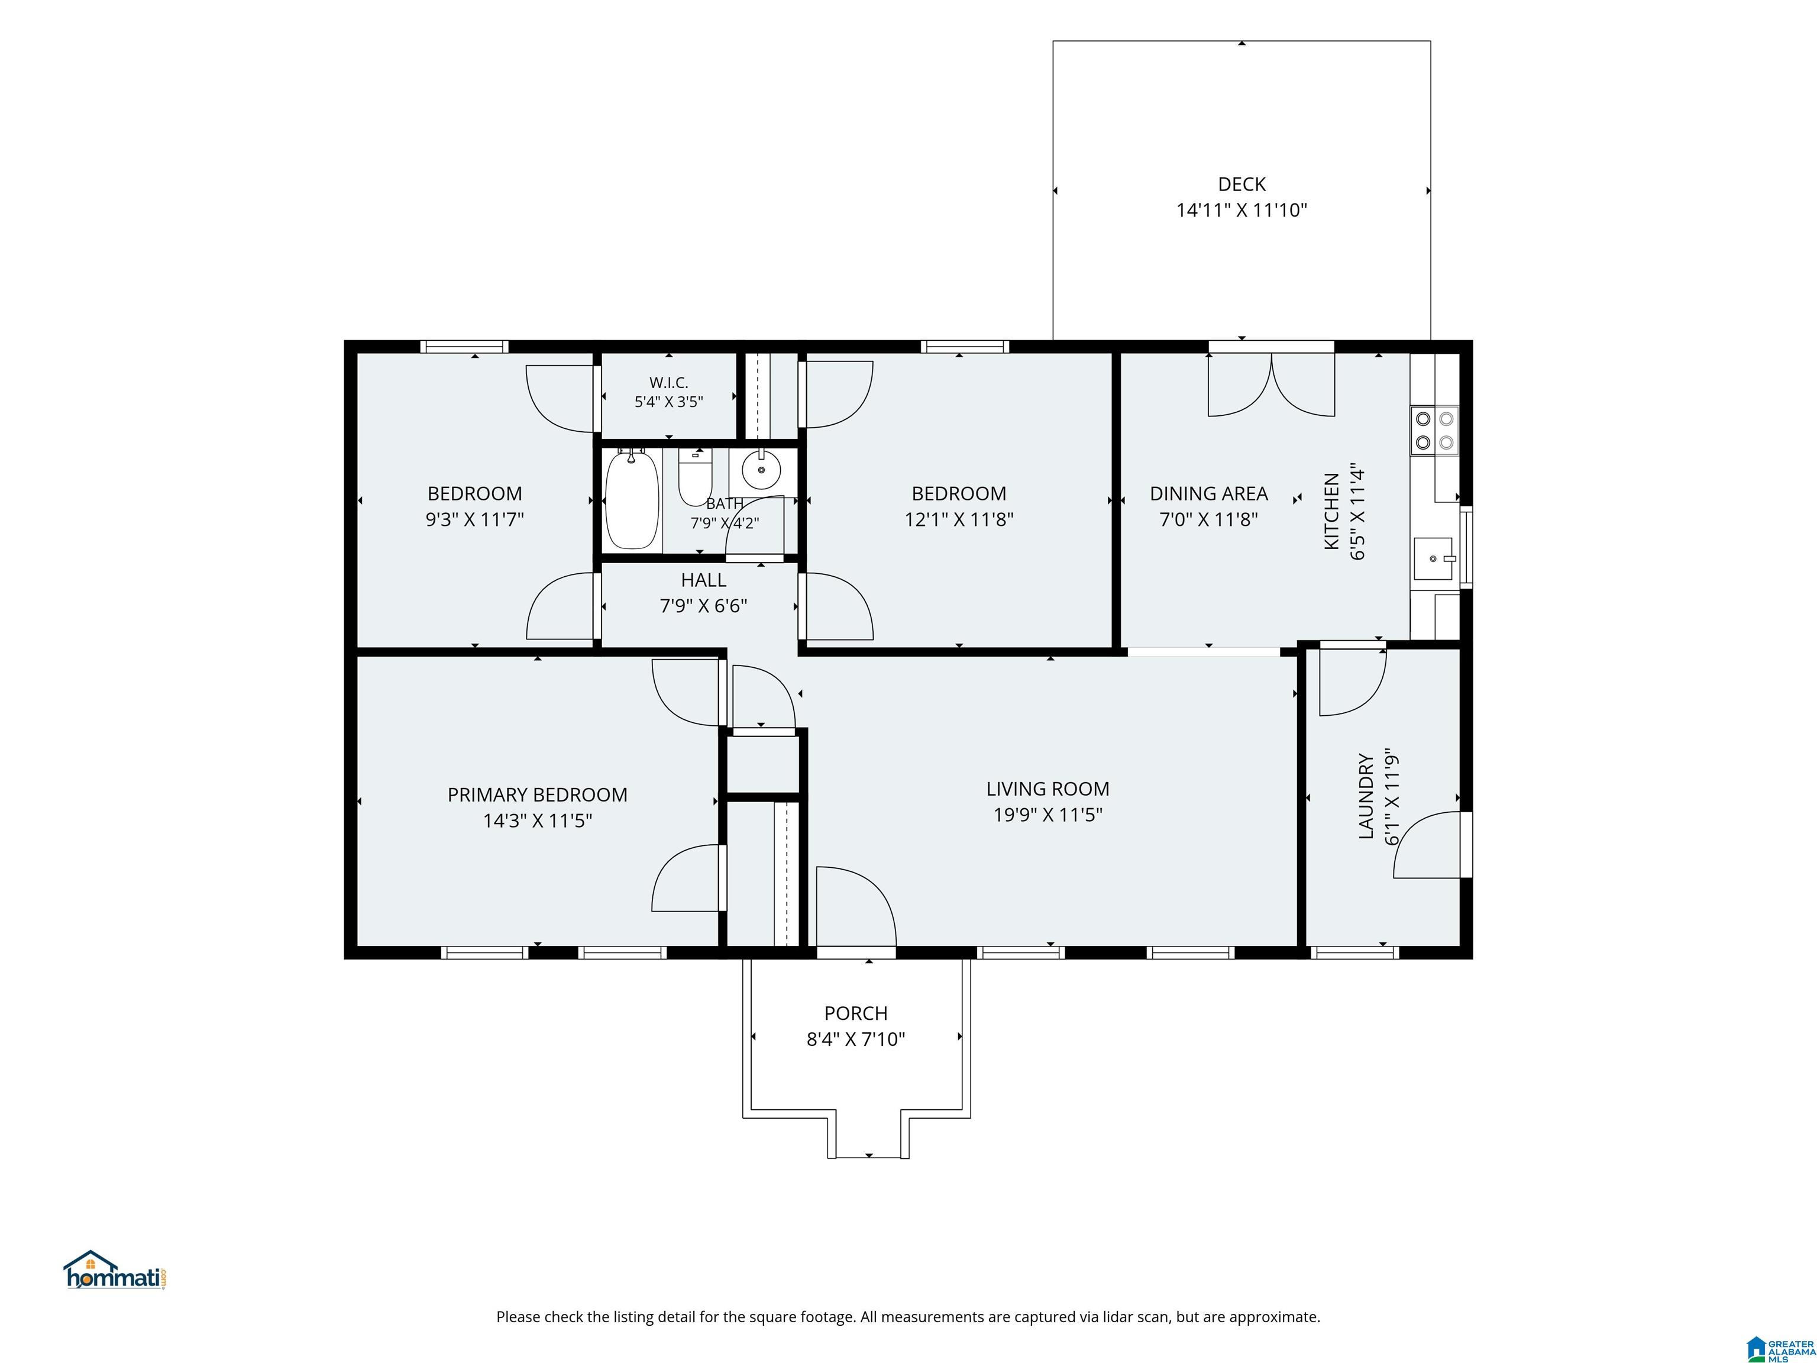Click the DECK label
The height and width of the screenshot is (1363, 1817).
pos(1241,184)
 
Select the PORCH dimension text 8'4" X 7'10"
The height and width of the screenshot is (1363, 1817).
pos(855,1039)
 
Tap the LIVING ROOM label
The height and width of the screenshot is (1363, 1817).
pos(1047,789)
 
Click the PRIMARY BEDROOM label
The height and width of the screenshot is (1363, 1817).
pos(537,794)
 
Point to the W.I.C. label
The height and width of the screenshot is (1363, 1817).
pos(668,383)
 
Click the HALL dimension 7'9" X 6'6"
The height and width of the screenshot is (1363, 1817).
pos(703,606)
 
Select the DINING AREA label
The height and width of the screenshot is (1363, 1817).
pos(1208,494)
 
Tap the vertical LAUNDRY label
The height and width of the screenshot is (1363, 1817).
pos(1365,796)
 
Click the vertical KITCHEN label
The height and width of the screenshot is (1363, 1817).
pos(1331,511)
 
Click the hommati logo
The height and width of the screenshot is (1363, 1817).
pos(115,1271)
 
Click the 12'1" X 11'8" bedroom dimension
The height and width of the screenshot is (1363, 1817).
pos(959,519)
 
